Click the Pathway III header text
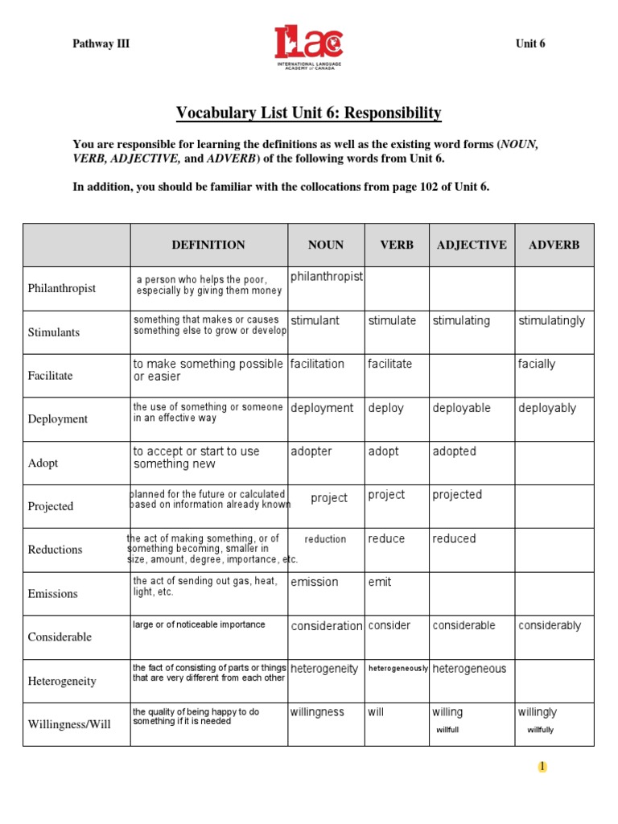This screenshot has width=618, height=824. (101, 44)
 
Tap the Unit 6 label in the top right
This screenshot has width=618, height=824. (530, 44)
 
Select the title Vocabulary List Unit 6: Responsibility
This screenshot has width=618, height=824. (309, 113)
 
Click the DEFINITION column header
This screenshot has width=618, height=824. (208, 245)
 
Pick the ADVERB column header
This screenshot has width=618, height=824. (554, 245)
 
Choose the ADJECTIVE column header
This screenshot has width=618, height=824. (472, 245)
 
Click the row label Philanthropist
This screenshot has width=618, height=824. (62, 289)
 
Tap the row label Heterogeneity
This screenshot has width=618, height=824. (62, 682)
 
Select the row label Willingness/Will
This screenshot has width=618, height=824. (69, 725)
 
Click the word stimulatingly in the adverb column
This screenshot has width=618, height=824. (552, 321)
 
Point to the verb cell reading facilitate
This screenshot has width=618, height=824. (389, 365)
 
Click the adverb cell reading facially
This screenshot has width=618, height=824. (537, 365)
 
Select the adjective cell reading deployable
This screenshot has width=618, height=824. (461, 409)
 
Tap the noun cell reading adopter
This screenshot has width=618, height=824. (311, 452)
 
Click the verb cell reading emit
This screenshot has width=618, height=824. (380, 583)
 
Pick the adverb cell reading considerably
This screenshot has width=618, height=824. (550, 626)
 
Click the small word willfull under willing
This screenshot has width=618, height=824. (447, 731)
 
